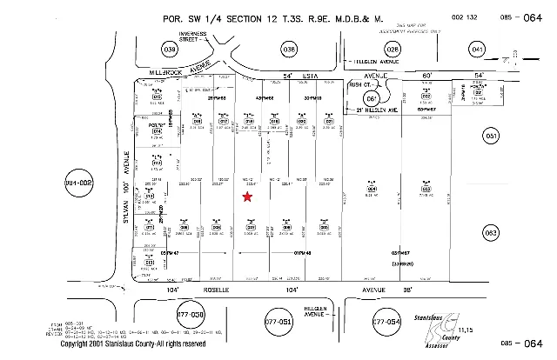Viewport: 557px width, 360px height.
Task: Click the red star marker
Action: tap(248, 197)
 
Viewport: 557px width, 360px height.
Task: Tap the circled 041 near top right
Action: tap(478, 51)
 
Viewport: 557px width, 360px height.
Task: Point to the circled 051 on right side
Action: tap(492, 137)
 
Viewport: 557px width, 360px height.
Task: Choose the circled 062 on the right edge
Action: tap(492, 233)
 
